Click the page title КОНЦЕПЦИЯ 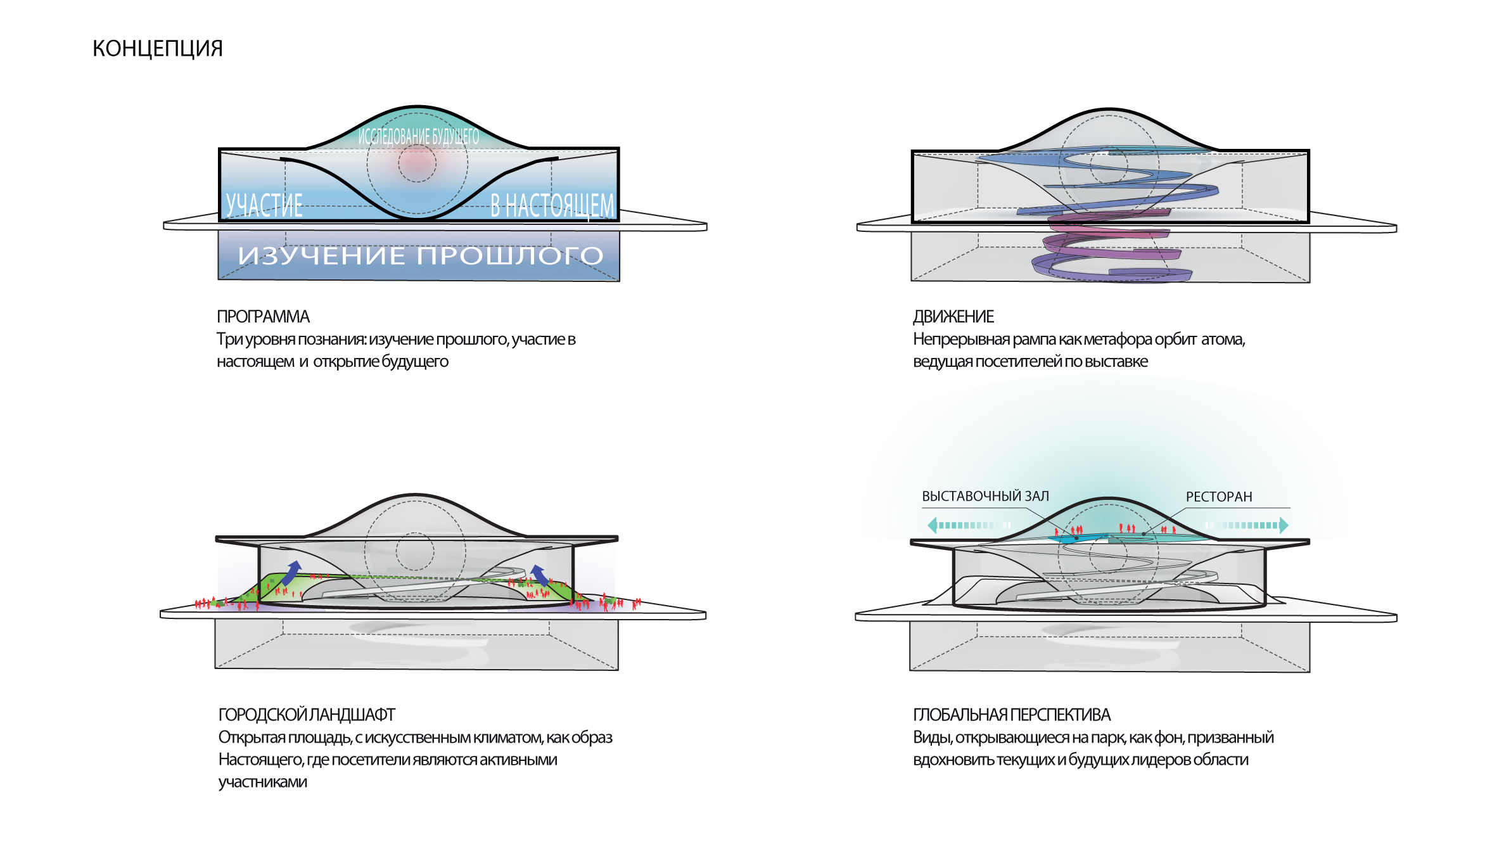coord(157,48)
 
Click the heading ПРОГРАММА coord(263,316)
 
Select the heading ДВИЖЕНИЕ coord(953,316)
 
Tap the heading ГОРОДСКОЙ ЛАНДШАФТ coord(307,715)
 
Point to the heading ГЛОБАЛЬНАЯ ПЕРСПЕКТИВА coord(1012,715)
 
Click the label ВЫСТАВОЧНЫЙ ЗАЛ coord(985,496)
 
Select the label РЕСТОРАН coord(1219,497)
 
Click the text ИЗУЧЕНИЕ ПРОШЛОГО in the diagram coord(420,255)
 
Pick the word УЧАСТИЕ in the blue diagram coord(265,205)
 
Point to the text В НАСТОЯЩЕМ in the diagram coord(552,205)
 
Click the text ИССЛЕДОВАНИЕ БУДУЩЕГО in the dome coord(418,136)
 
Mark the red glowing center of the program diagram coord(417,163)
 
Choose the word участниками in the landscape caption coord(262,782)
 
